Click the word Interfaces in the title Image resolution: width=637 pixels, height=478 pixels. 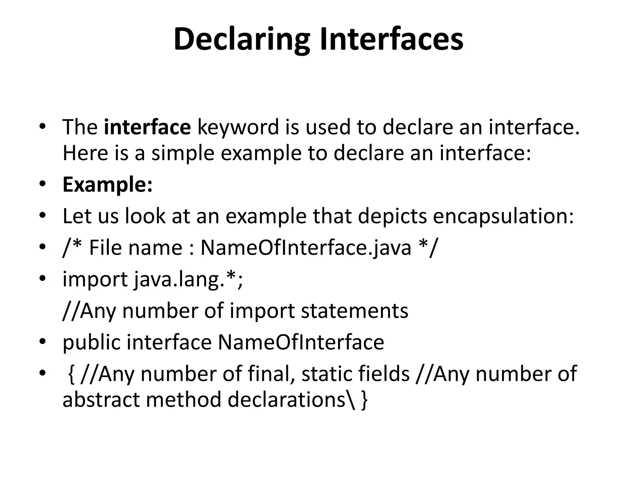click(392, 40)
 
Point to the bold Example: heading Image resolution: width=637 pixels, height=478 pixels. click(108, 184)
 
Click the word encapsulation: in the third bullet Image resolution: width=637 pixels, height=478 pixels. click(503, 216)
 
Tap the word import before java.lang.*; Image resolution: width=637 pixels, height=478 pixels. click(95, 279)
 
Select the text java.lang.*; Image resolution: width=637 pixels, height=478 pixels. click(188, 279)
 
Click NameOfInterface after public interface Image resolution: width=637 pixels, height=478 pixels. click(301, 342)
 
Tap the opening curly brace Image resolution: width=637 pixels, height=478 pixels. click(71, 374)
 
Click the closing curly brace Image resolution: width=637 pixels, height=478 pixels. click(364, 400)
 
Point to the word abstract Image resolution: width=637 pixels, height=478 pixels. click(101, 400)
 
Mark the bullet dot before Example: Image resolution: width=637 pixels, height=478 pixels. click(43, 184)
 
